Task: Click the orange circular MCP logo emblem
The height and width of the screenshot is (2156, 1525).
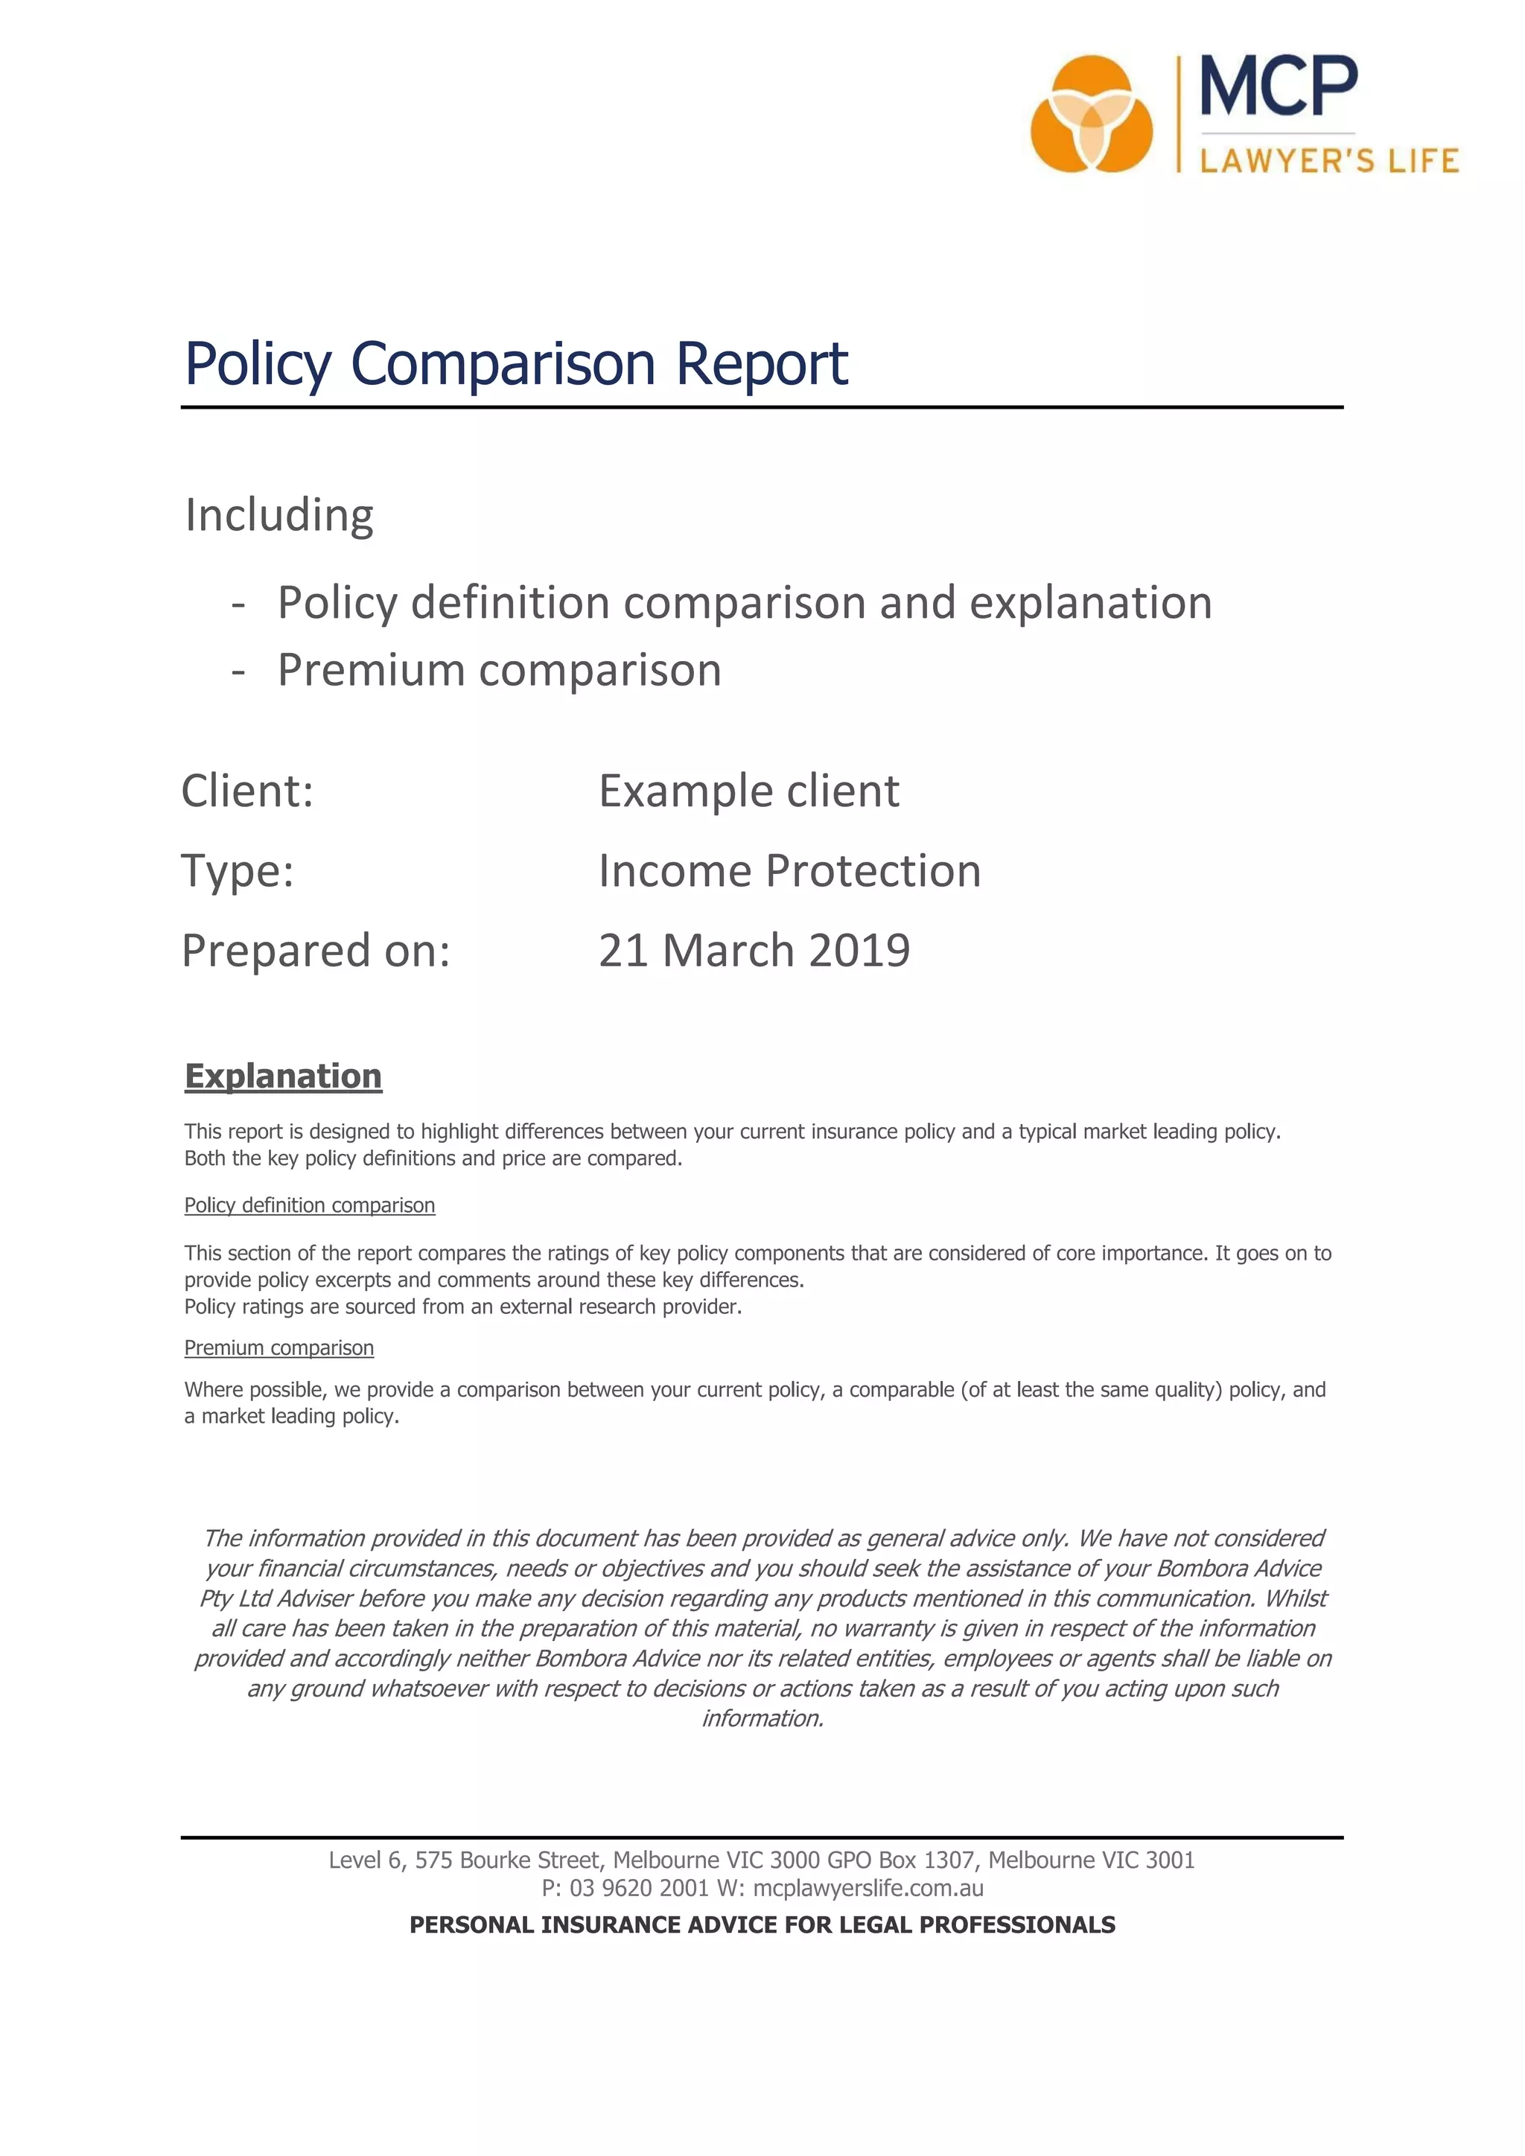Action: (x=1091, y=115)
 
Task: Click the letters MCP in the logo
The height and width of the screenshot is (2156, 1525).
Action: (x=1279, y=86)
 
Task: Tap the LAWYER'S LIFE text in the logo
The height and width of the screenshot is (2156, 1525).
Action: (x=1328, y=161)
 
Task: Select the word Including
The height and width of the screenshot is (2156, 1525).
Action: (x=279, y=514)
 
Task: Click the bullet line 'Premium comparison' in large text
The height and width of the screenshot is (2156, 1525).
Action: (x=499, y=671)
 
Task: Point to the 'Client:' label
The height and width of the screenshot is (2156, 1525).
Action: (x=247, y=791)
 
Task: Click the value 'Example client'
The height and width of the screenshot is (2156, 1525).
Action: (x=748, y=791)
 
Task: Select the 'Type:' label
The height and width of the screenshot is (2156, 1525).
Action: (x=238, y=870)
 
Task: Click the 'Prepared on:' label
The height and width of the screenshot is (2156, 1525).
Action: (x=316, y=950)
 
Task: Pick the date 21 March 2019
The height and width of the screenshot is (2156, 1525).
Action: (x=754, y=950)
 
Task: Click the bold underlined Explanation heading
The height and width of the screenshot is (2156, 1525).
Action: (x=283, y=1076)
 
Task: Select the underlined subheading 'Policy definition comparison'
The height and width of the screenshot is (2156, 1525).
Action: (x=309, y=1206)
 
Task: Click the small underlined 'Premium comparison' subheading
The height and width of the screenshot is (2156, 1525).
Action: (x=279, y=1348)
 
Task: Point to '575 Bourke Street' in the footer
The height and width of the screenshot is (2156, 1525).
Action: (x=507, y=1860)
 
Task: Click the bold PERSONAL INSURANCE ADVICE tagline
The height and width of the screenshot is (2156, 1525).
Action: (x=762, y=1925)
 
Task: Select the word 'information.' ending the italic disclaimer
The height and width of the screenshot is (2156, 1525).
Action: (x=762, y=1718)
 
